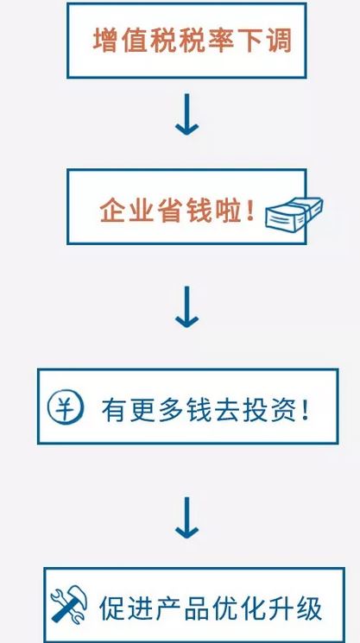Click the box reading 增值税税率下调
coord(186,41)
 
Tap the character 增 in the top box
coord(105,41)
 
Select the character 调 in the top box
coord(280,41)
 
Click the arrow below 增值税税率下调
coord(187,115)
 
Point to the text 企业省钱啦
coord(172,211)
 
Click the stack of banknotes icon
coord(294,213)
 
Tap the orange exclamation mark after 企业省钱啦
coord(250,211)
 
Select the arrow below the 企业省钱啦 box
coord(187,306)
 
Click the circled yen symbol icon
coord(66,407)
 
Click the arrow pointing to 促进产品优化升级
coord(187,518)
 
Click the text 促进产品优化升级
coord(211,608)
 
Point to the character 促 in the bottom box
coord(111,608)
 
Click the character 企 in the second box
coord(112,211)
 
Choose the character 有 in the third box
coord(114,409)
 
